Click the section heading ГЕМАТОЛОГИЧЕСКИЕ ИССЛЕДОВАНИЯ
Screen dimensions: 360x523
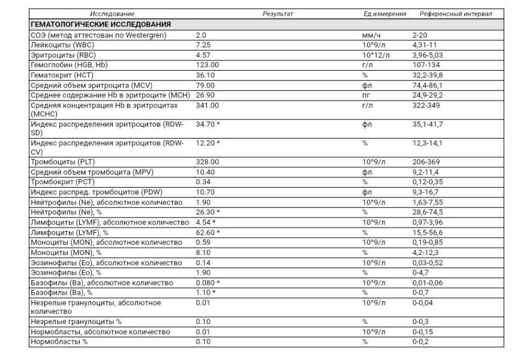point(101,25)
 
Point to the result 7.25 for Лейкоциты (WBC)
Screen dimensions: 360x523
point(203,45)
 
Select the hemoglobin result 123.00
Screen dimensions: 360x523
point(208,65)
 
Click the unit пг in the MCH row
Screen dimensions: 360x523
point(365,94)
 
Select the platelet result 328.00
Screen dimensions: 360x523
point(208,162)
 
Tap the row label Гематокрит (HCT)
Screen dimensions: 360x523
point(63,74)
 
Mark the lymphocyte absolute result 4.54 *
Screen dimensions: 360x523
point(206,222)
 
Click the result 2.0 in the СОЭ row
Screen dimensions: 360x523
point(201,35)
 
